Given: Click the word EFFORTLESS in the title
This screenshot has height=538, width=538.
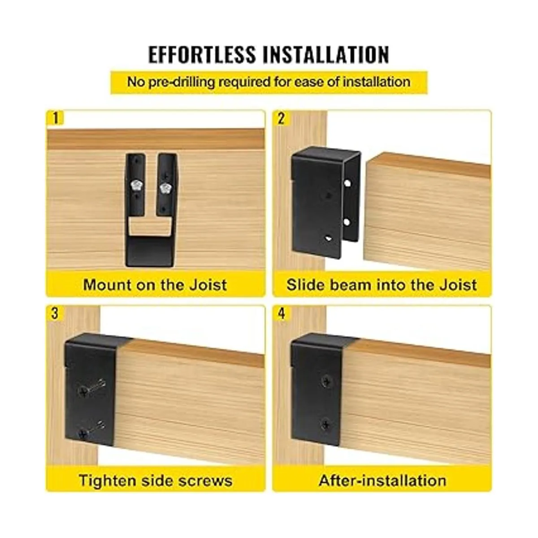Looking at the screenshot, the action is point(202,54).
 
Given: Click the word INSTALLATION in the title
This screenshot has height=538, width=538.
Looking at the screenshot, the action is point(326,54).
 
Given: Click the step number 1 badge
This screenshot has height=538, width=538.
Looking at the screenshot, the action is point(56,118).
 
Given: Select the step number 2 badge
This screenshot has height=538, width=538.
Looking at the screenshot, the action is point(281,118).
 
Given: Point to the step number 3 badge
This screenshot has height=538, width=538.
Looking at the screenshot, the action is point(55,313).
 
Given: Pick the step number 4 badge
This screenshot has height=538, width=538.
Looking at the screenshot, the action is point(282,313).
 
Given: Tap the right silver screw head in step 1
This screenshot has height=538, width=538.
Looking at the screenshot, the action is point(166,187).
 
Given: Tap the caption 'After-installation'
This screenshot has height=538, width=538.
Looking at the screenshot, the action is point(382,480).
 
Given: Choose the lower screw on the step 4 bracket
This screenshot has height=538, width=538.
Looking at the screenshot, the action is point(325,425).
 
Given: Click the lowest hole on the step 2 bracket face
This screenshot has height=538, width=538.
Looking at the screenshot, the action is point(328,239).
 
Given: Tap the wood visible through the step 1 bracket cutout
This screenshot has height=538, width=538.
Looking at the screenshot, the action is point(149,227).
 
